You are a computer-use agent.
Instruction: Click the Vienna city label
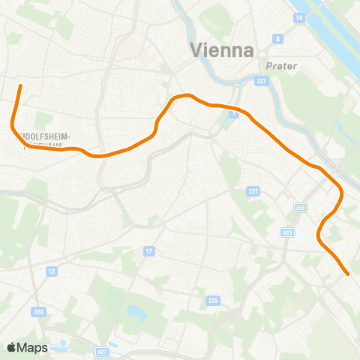[x=223, y=50]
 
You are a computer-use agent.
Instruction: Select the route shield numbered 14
[x=299, y=16]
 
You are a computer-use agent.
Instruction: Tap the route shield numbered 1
[x=234, y=114]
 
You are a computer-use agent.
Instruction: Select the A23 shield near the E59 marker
[x=288, y=232]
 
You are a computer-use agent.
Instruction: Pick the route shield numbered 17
[x=149, y=250]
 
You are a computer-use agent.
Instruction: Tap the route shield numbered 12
[x=52, y=271]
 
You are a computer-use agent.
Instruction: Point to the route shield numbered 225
[x=212, y=301]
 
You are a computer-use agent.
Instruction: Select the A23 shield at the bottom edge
[x=102, y=351]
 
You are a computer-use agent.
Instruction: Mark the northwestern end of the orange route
[x=20, y=86]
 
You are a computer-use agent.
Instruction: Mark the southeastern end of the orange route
[x=348, y=274]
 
